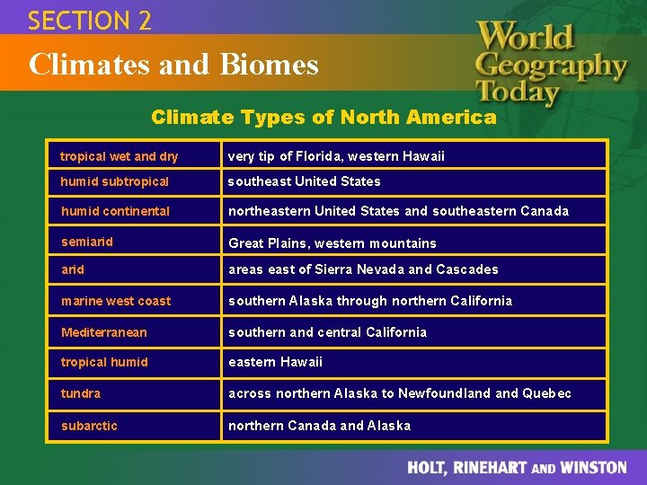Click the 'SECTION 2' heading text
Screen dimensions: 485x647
(x=90, y=20)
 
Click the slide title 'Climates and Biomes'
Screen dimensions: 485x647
(x=173, y=65)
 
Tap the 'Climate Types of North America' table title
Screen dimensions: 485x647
(x=323, y=117)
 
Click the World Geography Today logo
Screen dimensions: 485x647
(x=550, y=63)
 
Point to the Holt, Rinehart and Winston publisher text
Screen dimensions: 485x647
(x=517, y=467)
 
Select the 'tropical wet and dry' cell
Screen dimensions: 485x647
(x=120, y=156)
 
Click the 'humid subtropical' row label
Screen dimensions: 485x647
(x=115, y=181)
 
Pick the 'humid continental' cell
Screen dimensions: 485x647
(x=115, y=211)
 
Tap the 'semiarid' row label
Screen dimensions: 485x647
(x=87, y=242)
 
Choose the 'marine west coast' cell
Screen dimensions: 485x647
(x=116, y=301)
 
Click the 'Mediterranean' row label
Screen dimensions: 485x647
(x=104, y=332)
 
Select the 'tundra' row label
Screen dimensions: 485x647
(x=81, y=393)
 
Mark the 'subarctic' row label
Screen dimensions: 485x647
(x=89, y=426)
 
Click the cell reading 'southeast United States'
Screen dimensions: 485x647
(x=305, y=181)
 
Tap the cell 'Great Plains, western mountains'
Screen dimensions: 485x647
(x=332, y=243)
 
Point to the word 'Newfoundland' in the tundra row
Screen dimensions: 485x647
(x=448, y=393)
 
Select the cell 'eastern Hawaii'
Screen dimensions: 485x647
(x=275, y=362)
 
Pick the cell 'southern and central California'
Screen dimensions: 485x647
(x=327, y=332)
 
